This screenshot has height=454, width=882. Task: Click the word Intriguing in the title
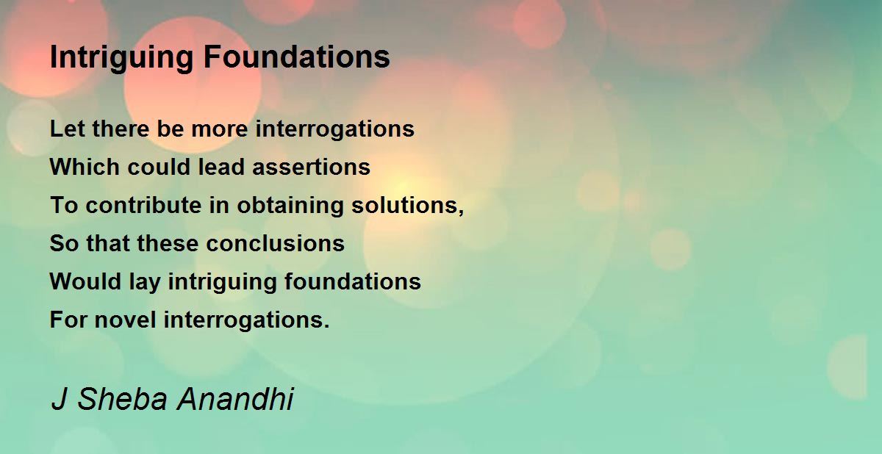121,58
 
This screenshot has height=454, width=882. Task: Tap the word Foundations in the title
296,57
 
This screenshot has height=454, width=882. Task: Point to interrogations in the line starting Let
334,130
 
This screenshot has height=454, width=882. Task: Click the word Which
85,167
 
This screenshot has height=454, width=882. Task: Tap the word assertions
311,167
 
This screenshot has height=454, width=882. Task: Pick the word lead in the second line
221,167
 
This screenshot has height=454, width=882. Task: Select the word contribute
144,205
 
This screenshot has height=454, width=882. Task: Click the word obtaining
290,206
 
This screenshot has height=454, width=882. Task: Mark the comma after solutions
461,212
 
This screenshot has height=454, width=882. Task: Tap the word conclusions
275,243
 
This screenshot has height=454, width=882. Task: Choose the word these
168,243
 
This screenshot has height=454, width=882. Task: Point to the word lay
145,282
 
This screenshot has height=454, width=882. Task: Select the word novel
125,320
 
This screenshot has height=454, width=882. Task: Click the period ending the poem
326,325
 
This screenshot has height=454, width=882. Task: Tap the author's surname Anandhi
235,399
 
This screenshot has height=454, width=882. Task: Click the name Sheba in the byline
123,399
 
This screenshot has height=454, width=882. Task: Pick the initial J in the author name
59,399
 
